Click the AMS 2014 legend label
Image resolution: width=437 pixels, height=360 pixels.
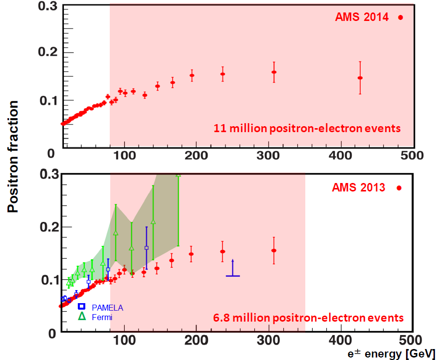362,17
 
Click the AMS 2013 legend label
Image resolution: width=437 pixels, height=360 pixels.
359,188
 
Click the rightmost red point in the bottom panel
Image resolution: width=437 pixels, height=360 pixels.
274,250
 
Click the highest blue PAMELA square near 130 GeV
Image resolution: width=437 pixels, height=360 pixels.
147,248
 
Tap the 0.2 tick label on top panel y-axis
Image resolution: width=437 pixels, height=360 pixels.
49,53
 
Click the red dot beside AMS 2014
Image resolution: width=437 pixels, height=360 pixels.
400,17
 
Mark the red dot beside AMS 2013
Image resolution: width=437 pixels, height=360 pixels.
399,188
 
